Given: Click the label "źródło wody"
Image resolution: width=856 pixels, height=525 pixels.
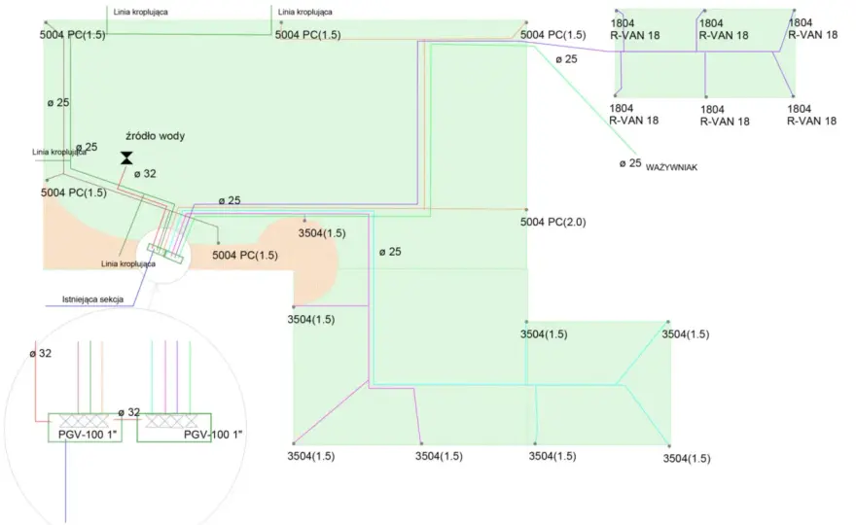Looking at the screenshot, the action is (x=155, y=136).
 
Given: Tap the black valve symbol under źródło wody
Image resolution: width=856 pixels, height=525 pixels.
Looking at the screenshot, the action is (x=126, y=158).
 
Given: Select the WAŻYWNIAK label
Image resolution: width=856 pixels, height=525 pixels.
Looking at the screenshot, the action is (x=671, y=167).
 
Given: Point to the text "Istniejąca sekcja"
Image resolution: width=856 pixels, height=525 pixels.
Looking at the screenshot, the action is (x=92, y=299).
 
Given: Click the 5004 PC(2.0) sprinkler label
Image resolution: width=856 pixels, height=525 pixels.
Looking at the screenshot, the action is (x=553, y=222).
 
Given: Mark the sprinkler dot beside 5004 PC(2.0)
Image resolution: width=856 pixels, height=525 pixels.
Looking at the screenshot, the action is (x=526, y=210).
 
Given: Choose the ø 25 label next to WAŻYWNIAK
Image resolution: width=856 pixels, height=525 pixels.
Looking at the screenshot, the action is (x=630, y=163).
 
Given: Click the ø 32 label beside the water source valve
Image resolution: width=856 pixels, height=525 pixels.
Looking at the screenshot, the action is (x=145, y=174).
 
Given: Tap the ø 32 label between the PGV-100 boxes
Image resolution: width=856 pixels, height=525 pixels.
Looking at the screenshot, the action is (x=129, y=412).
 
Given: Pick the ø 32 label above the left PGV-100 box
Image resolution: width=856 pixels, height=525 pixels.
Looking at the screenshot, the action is (x=41, y=354).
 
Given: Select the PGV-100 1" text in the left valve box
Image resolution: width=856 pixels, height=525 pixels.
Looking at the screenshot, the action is (x=88, y=435).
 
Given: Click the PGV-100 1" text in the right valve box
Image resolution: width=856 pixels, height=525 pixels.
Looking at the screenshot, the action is (x=213, y=435).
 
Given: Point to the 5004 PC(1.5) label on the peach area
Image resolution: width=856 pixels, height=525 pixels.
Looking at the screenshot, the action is (x=244, y=255).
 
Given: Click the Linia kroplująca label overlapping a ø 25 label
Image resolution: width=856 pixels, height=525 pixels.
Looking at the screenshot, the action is (x=59, y=153).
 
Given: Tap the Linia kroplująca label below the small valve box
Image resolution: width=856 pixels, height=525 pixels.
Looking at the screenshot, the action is (x=128, y=264).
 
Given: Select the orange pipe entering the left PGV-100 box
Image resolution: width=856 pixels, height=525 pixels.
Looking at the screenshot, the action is (x=102, y=376).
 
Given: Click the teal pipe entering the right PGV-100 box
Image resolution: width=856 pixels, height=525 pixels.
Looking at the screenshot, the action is (x=153, y=376).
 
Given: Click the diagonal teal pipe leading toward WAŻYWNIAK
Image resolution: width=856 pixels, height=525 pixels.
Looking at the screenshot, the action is (x=586, y=100).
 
